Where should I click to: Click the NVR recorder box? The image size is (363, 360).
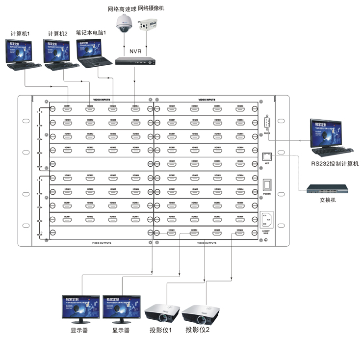tap(135, 61)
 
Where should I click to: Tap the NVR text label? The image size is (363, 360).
tap(135, 51)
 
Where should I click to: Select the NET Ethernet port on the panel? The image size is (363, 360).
tap(267, 155)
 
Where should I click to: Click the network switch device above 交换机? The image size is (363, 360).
tap(327, 188)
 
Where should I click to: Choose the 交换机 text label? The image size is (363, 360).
tap(327, 200)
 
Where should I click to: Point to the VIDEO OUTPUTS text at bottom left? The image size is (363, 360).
tap(102, 242)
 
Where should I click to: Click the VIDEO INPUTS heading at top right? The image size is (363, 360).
tap(207, 99)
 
